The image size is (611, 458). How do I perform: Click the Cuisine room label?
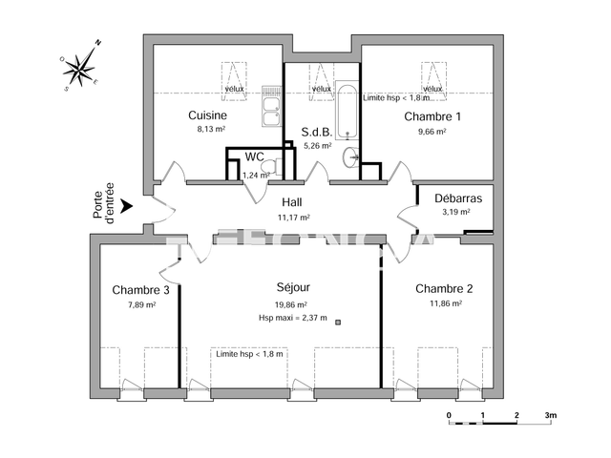207,115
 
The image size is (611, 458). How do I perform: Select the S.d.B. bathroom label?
316,133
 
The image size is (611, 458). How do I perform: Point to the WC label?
255,156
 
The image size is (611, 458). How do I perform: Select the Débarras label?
455,198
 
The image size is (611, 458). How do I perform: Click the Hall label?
293,202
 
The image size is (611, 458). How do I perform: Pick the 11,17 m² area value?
293,217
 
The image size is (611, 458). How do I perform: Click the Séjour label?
292,286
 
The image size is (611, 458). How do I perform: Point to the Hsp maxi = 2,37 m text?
292,318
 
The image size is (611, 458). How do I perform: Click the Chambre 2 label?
445,288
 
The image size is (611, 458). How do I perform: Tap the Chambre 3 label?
141,290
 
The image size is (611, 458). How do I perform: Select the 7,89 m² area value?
141,305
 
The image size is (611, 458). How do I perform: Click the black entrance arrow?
126,203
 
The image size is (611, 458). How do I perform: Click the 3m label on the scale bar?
550,415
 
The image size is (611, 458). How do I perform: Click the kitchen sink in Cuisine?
271,112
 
